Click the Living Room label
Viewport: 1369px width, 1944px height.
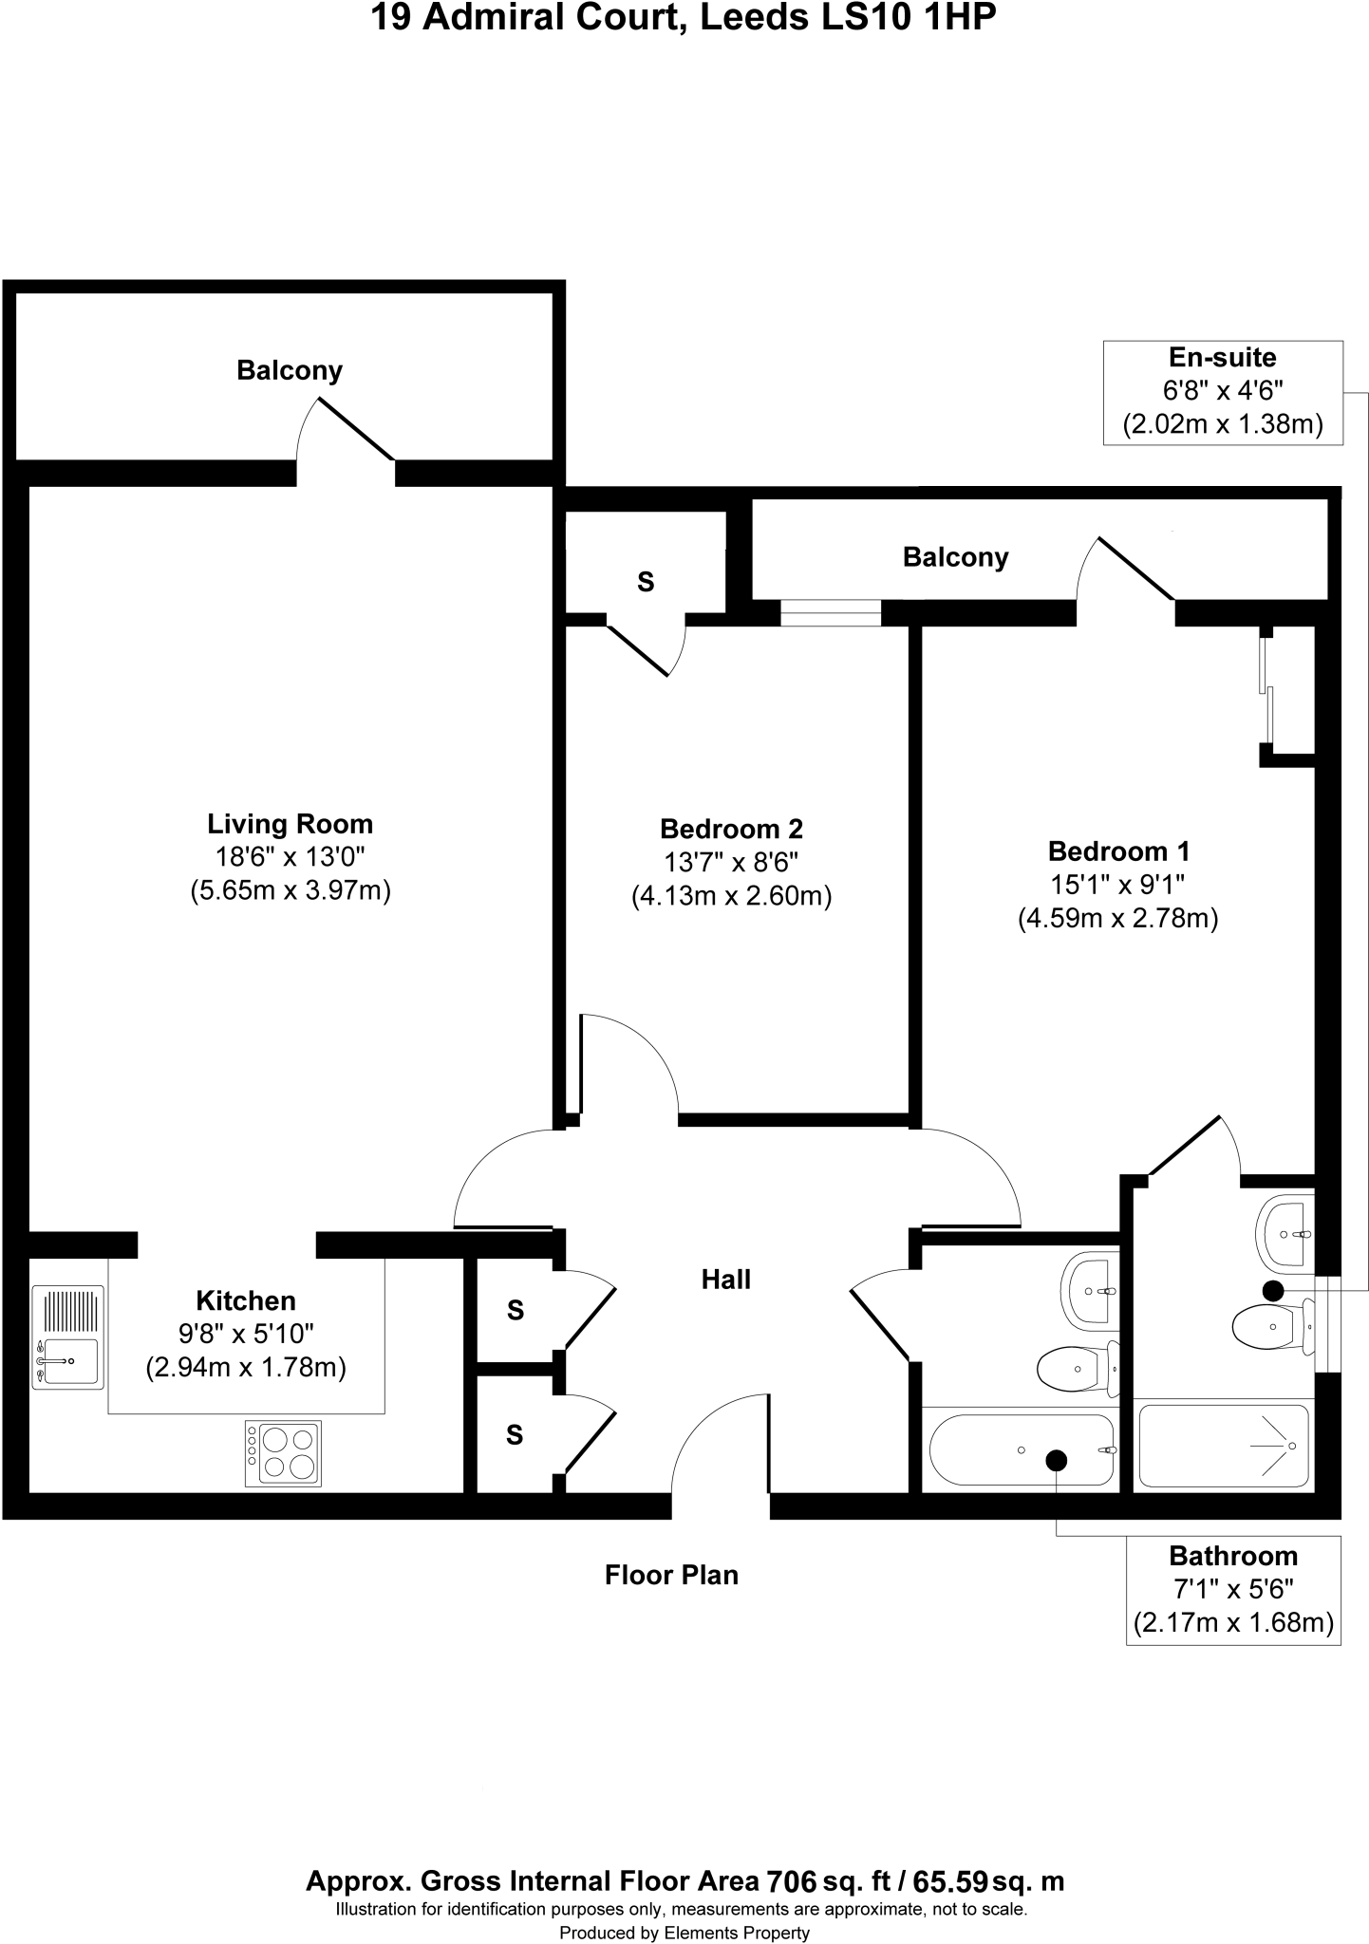point(290,824)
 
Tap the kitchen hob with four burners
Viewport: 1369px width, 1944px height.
point(283,1453)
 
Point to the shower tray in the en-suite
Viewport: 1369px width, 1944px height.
point(1224,1446)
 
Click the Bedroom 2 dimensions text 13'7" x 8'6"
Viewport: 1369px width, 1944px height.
point(731,863)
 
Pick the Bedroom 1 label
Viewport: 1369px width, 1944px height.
point(1118,850)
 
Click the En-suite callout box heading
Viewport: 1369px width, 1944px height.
point(1222,358)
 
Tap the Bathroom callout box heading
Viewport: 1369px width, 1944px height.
point(1232,1556)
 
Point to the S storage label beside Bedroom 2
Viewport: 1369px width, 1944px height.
point(646,582)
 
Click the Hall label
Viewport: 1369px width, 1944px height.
point(726,1280)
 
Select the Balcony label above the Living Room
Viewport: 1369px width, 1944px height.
point(290,370)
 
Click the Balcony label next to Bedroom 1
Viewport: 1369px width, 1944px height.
point(955,557)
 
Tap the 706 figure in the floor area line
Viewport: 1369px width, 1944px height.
point(791,1881)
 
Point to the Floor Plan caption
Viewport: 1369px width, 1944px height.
point(671,1575)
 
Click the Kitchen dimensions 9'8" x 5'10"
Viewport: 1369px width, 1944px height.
point(246,1335)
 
